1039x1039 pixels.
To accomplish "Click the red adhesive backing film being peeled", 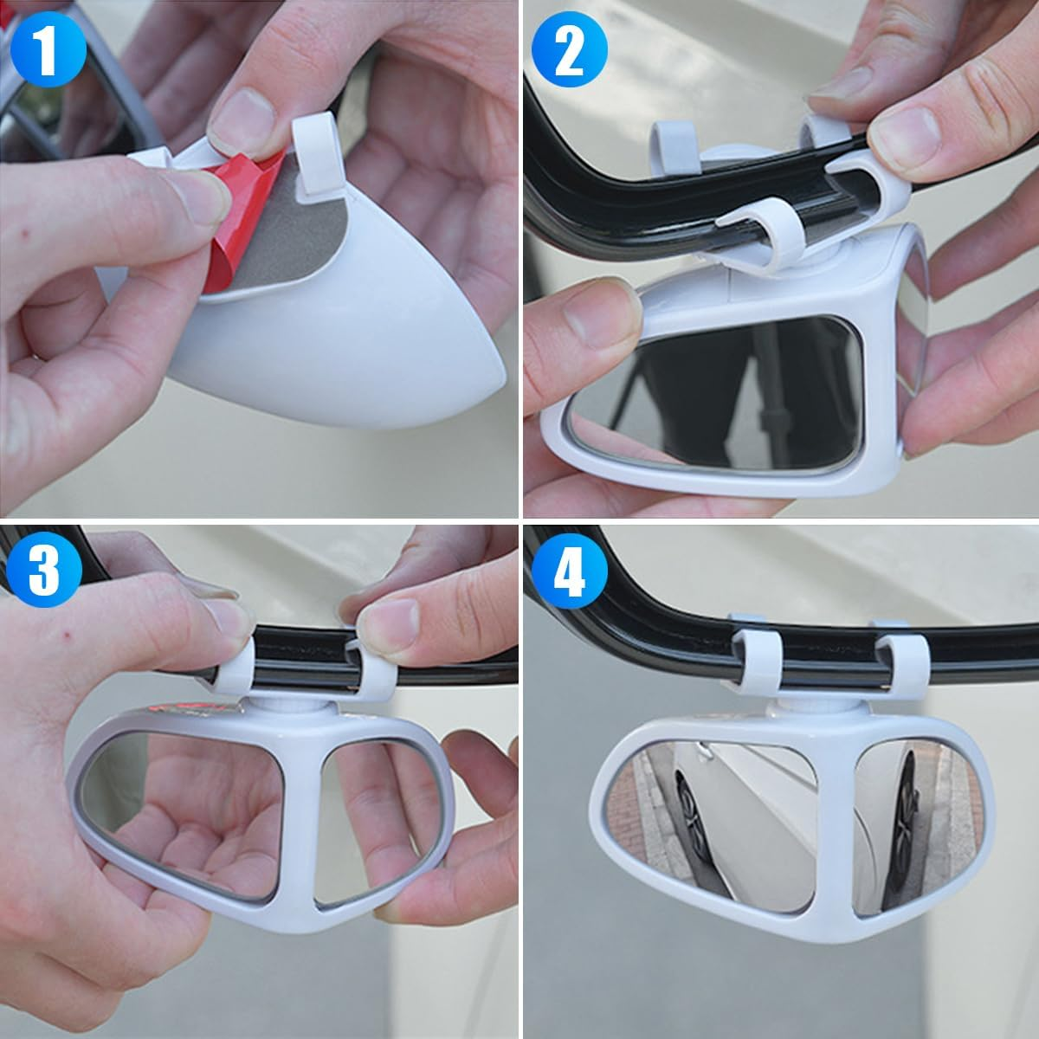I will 238,216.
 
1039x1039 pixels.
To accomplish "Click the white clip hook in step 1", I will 314,152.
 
